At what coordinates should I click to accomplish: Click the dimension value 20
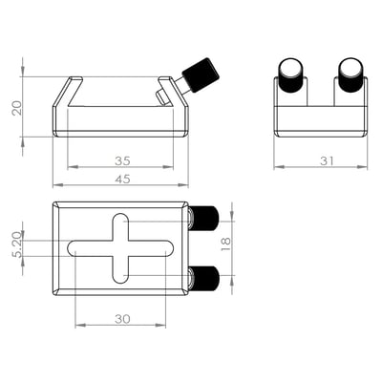point(15,105)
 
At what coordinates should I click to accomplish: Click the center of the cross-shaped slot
point(120,248)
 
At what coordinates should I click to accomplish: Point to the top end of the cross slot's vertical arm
point(120,219)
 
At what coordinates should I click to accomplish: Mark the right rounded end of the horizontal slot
point(170,248)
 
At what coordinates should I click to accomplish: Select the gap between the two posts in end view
point(321,91)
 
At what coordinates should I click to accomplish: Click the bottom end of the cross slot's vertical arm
point(120,278)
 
